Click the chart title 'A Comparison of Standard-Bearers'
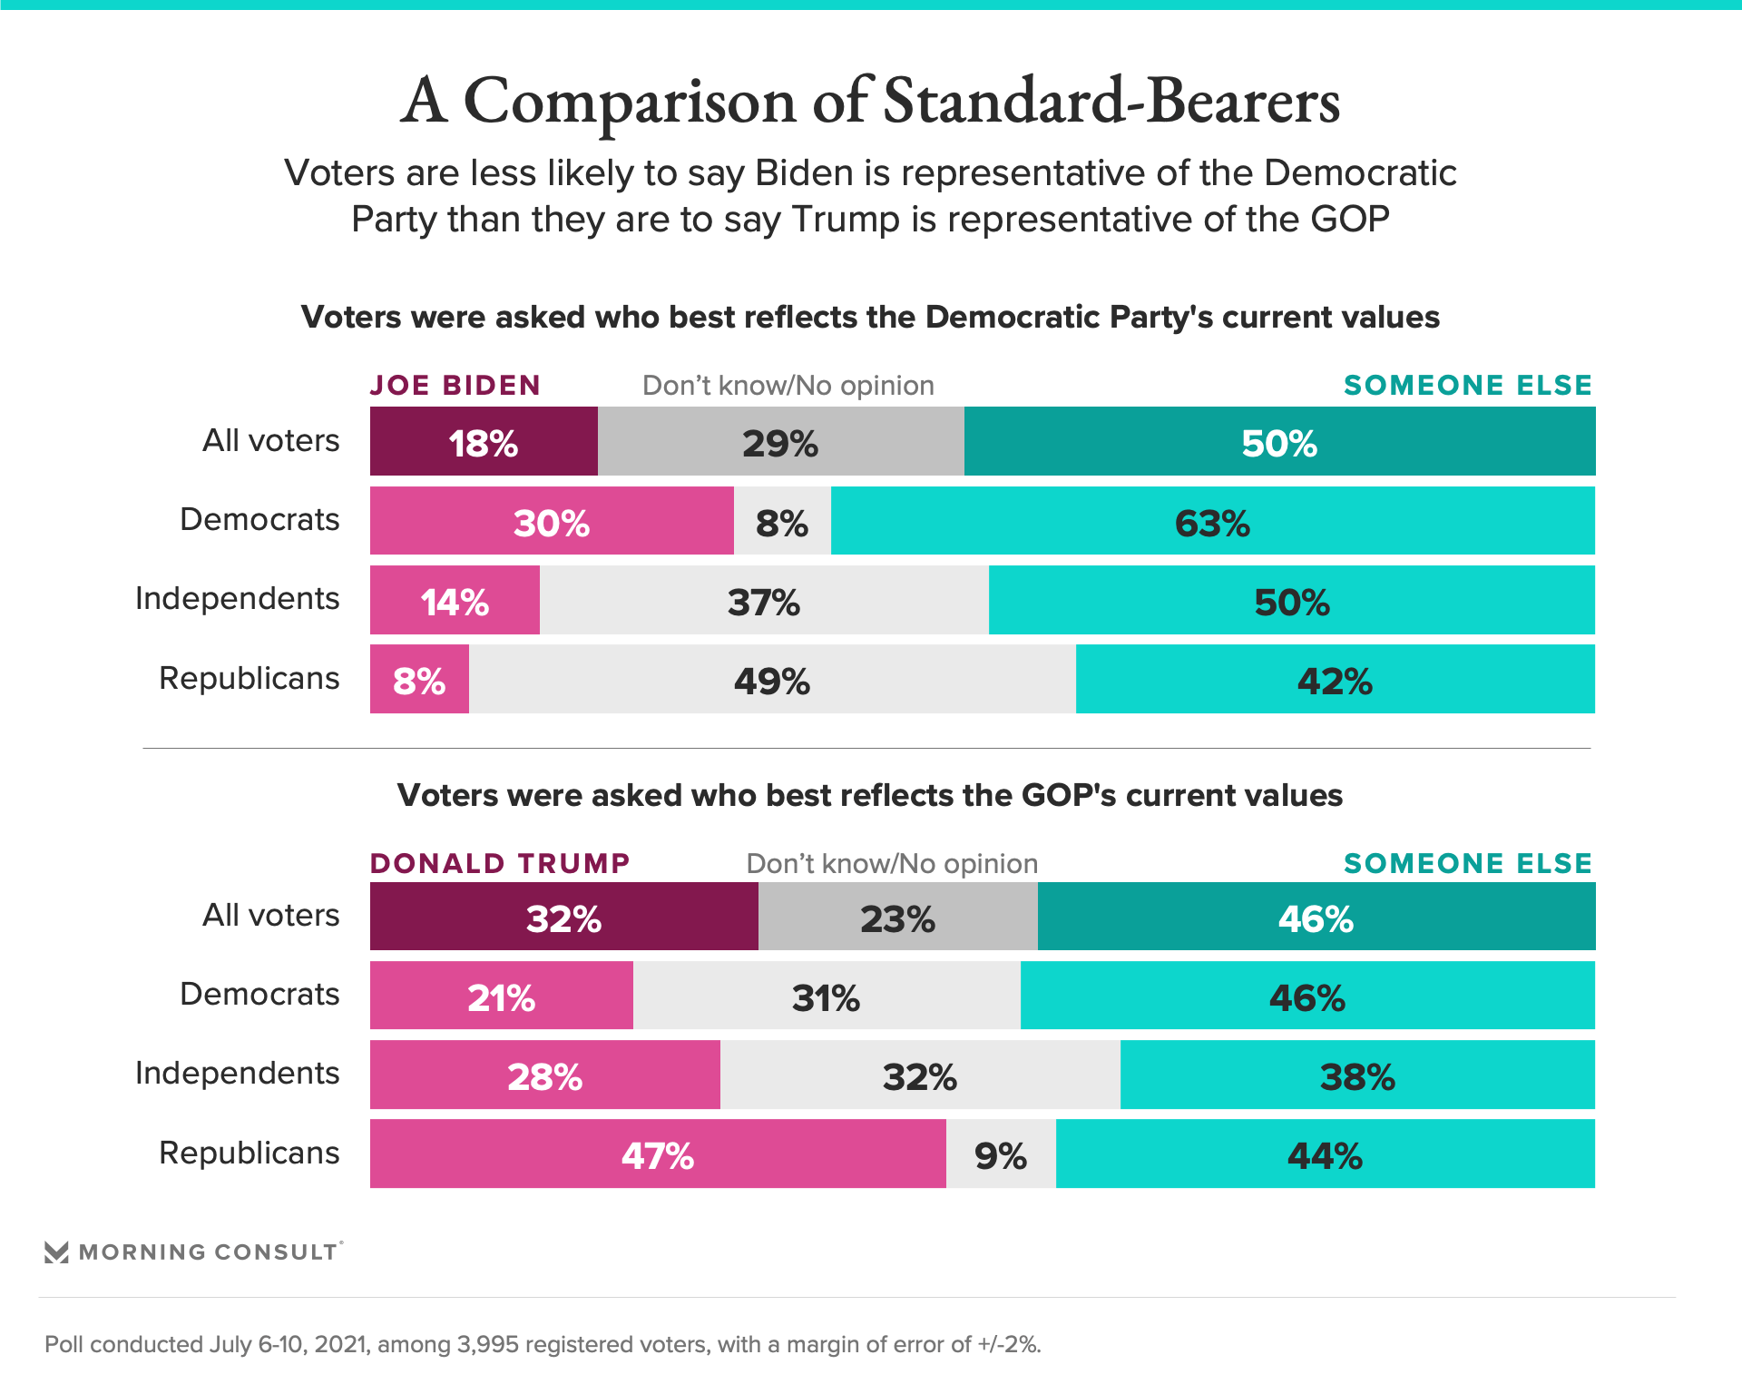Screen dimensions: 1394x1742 [x=870, y=100]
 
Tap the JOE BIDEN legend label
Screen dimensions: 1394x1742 [x=455, y=386]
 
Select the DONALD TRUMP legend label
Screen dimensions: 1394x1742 [x=500, y=863]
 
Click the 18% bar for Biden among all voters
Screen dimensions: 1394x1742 [x=484, y=442]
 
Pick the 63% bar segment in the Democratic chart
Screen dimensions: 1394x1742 [x=1212, y=521]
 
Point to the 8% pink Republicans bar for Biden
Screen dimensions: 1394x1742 [x=419, y=680]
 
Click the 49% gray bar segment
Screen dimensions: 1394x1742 [x=772, y=680]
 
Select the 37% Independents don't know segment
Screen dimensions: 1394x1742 [x=764, y=601]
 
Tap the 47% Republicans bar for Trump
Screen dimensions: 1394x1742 [x=658, y=1154]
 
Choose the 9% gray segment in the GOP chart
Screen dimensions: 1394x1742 [x=1001, y=1154]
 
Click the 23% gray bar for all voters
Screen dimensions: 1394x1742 [x=897, y=917]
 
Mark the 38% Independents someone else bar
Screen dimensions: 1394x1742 [x=1357, y=1075]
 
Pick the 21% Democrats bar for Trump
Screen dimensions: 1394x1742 [x=501, y=996]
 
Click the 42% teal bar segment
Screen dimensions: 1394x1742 [x=1335, y=680]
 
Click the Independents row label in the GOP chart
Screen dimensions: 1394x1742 [x=237, y=1074]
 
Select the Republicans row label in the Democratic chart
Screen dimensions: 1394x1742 [x=249, y=679]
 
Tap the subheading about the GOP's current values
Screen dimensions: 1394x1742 [x=870, y=795]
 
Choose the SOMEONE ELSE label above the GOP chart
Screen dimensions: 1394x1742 [x=1467, y=863]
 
